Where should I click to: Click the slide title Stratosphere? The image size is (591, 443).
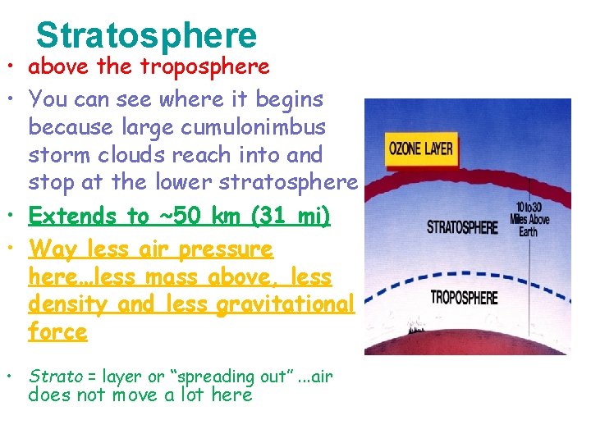(x=147, y=35)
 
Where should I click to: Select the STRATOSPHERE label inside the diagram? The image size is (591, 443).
(x=462, y=226)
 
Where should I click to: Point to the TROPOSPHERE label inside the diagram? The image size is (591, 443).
(x=464, y=297)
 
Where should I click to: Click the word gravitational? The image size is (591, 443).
(x=286, y=305)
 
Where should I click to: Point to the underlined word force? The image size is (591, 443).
(x=57, y=332)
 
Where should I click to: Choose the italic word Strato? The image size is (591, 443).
(x=56, y=377)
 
